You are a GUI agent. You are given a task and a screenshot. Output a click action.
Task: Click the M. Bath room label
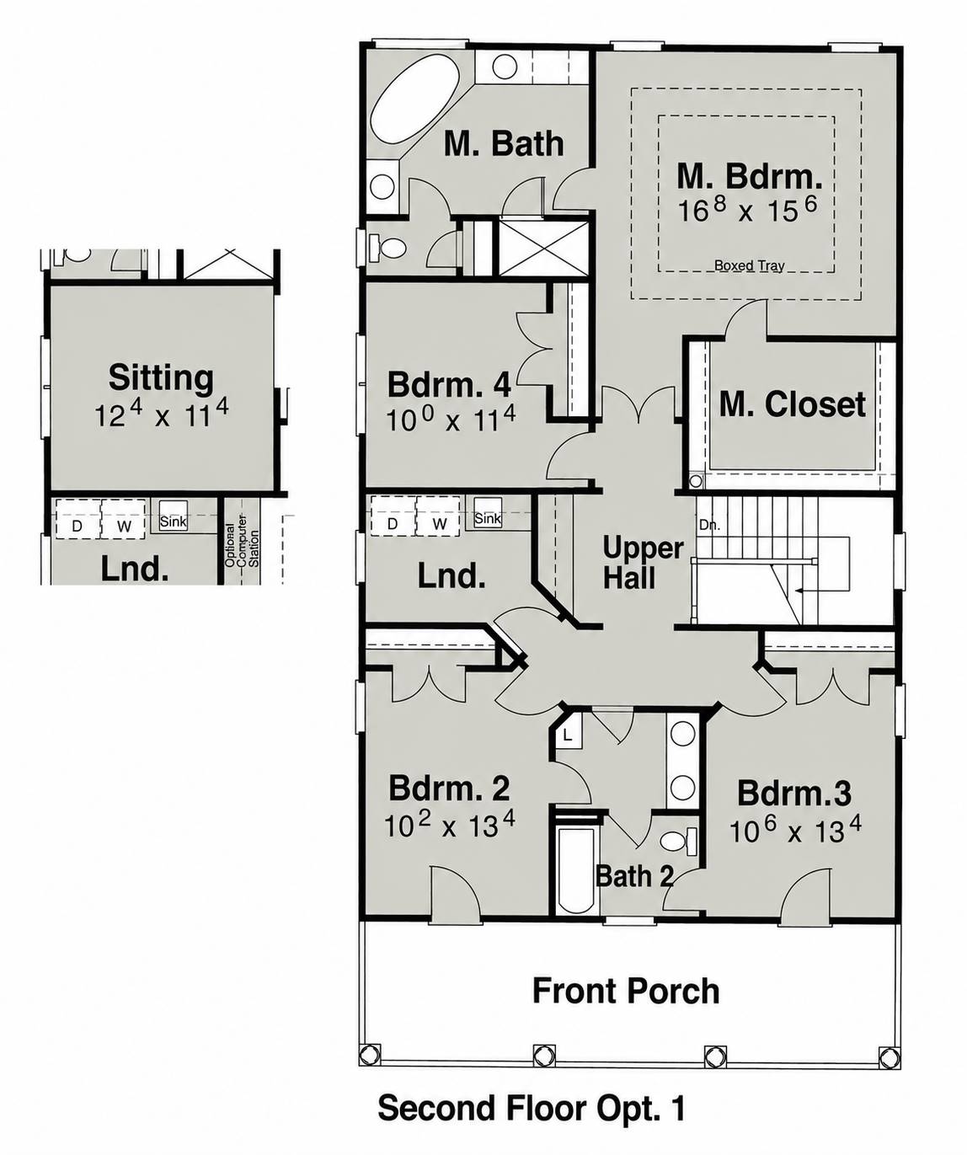(x=504, y=144)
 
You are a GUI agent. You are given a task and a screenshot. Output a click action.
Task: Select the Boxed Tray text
(x=749, y=265)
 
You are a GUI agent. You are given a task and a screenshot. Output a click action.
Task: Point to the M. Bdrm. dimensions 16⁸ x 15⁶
(x=747, y=209)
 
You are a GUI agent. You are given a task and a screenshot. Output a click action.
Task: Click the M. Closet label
(x=792, y=404)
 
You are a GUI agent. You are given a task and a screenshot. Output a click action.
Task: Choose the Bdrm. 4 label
(x=449, y=384)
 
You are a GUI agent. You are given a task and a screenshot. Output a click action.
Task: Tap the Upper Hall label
(x=643, y=563)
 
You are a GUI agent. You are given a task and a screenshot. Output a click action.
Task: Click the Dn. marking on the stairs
(x=709, y=525)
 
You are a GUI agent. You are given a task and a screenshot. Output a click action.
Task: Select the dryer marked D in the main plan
(x=393, y=516)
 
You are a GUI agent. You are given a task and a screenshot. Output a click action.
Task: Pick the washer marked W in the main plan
(x=439, y=516)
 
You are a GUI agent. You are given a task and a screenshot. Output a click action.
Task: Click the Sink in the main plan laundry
(x=488, y=511)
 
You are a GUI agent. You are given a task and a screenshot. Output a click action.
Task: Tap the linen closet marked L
(x=567, y=735)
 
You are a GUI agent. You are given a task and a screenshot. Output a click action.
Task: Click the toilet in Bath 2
(x=678, y=842)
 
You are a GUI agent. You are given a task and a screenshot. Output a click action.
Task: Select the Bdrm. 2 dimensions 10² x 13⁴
(x=450, y=826)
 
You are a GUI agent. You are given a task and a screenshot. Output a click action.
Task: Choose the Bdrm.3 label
(x=793, y=794)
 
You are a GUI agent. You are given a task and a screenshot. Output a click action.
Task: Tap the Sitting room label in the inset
(x=161, y=377)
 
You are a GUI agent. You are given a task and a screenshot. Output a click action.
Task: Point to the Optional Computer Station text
(x=241, y=548)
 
